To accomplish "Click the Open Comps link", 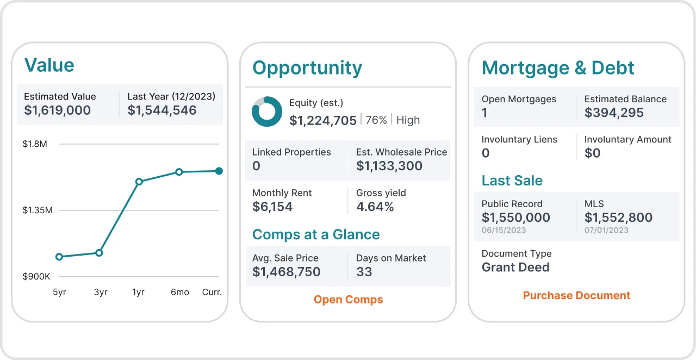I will (x=348, y=300).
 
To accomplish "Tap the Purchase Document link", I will (x=576, y=295).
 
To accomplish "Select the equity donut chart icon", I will (x=267, y=111).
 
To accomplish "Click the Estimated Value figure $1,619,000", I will (x=57, y=110).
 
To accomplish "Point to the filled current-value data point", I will (x=219, y=171).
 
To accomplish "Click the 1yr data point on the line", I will (x=139, y=182).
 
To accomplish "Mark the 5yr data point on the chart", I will (x=59, y=257).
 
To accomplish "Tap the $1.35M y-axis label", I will (x=38, y=210).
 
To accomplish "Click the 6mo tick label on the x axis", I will (x=179, y=292).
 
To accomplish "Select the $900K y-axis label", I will (x=36, y=277).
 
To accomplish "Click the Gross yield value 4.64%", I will (x=375, y=207).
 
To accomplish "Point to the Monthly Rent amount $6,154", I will (x=272, y=207).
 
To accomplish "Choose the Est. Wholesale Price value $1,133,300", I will (x=389, y=166).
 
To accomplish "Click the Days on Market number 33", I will (x=364, y=272).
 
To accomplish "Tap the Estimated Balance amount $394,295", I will (x=614, y=113).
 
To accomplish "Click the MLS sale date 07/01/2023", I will (x=606, y=230).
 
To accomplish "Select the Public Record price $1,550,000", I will (x=515, y=218).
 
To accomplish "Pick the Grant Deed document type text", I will (x=515, y=267).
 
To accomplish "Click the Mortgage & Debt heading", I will (x=558, y=68).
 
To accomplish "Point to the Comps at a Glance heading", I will (x=316, y=234).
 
